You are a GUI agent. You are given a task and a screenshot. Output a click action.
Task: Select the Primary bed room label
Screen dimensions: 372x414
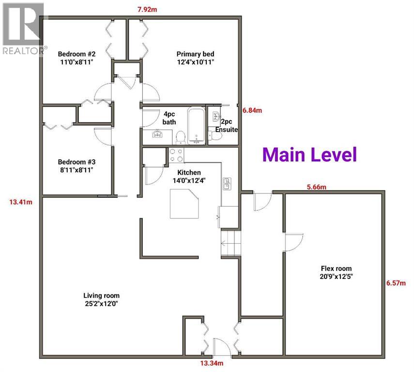[x=195, y=58]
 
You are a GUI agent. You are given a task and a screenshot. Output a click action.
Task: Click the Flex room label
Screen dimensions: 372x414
[x=336, y=272]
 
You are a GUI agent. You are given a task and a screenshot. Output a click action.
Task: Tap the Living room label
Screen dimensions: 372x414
[x=101, y=299]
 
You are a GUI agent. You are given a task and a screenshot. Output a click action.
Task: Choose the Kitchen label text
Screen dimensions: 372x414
[x=189, y=176]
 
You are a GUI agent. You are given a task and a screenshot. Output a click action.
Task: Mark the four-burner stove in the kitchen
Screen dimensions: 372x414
[x=176, y=155]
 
